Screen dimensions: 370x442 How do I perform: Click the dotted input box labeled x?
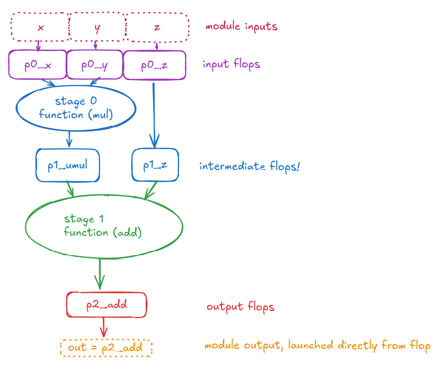pos(39,27)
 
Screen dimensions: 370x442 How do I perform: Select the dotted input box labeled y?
pos(97,27)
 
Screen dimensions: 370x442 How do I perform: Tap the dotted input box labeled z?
pos(157,27)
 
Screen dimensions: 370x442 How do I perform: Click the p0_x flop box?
pos(38,65)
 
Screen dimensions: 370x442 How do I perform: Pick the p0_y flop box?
pos(94,65)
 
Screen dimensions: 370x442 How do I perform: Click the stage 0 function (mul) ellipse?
pos(76,108)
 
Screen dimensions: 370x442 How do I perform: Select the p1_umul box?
pos(67,165)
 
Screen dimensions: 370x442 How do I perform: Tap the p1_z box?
pos(155,165)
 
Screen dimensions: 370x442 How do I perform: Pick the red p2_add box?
pos(107,305)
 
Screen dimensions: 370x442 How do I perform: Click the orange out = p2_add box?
pos(106,347)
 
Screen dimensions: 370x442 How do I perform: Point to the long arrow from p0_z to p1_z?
pos(154,110)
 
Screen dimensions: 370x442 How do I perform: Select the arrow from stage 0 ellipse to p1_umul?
pos(69,139)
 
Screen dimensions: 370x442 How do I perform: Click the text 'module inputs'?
pos(241,26)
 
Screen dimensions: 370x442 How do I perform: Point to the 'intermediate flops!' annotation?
pos(249,166)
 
